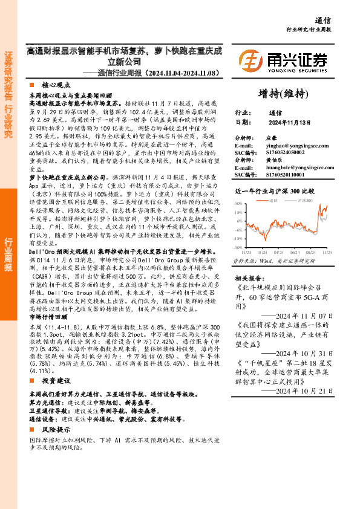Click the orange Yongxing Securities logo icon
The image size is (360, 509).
[250, 61]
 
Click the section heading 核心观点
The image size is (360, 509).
[56, 86]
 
